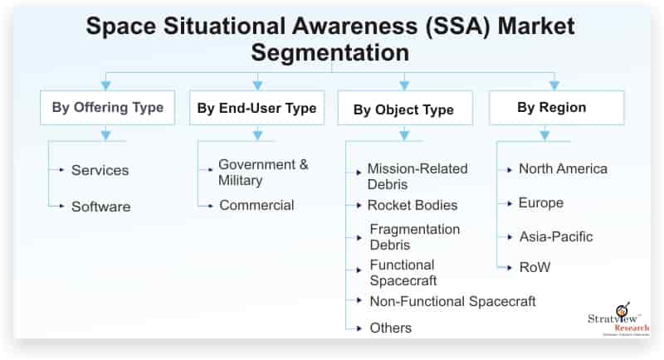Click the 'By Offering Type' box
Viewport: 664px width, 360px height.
108,108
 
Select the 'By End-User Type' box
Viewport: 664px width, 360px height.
256,108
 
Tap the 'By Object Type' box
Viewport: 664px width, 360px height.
404,109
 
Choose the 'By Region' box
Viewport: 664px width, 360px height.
552,108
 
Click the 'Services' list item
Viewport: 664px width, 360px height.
100,170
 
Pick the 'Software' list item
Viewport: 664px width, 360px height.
100,207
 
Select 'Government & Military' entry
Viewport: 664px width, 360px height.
263,173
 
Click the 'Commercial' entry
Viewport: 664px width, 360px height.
256,205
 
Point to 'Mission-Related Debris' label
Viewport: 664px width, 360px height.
417,177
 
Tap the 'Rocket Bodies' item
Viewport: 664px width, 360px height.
413,205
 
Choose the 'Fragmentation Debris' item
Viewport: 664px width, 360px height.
414,237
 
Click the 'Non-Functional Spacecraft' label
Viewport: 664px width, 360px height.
452,301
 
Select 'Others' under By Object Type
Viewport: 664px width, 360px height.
390,328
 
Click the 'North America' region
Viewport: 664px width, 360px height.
563,169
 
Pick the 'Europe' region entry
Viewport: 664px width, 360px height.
541,203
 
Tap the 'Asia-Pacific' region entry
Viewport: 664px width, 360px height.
556,237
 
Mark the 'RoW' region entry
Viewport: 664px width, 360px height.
535,268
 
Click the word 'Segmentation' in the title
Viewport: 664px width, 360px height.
331,53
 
